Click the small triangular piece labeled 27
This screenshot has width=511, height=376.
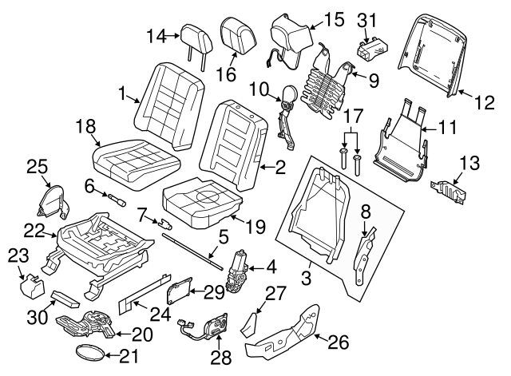point(249,322)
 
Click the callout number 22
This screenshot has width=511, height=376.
point(32,230)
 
